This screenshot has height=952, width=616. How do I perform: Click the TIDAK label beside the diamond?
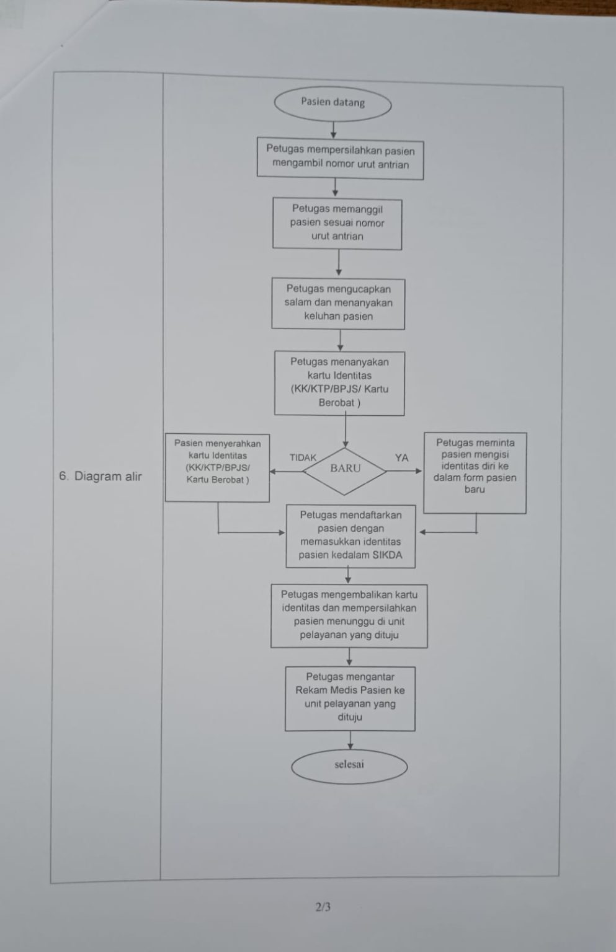pyautogui.click(x=303, y=458)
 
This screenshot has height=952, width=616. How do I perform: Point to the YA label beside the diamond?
pyautogui.click(x=401, y=458)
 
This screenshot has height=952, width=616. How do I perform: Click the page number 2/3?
pyautogui.click(x=323, y=907)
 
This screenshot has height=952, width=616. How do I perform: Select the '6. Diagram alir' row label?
pyautogui.click(x=100, y=477)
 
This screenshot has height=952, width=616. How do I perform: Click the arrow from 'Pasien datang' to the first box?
pyautogui.click(x=334, y=130)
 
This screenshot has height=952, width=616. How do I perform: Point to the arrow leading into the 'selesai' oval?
pyautogui.click(x=350, y=741)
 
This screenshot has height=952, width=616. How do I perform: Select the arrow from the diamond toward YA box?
pyautogui.click(x=404, y=471)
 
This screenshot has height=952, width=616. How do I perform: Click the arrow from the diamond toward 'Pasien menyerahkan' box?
pyautogui.click(x=287, y=471)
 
